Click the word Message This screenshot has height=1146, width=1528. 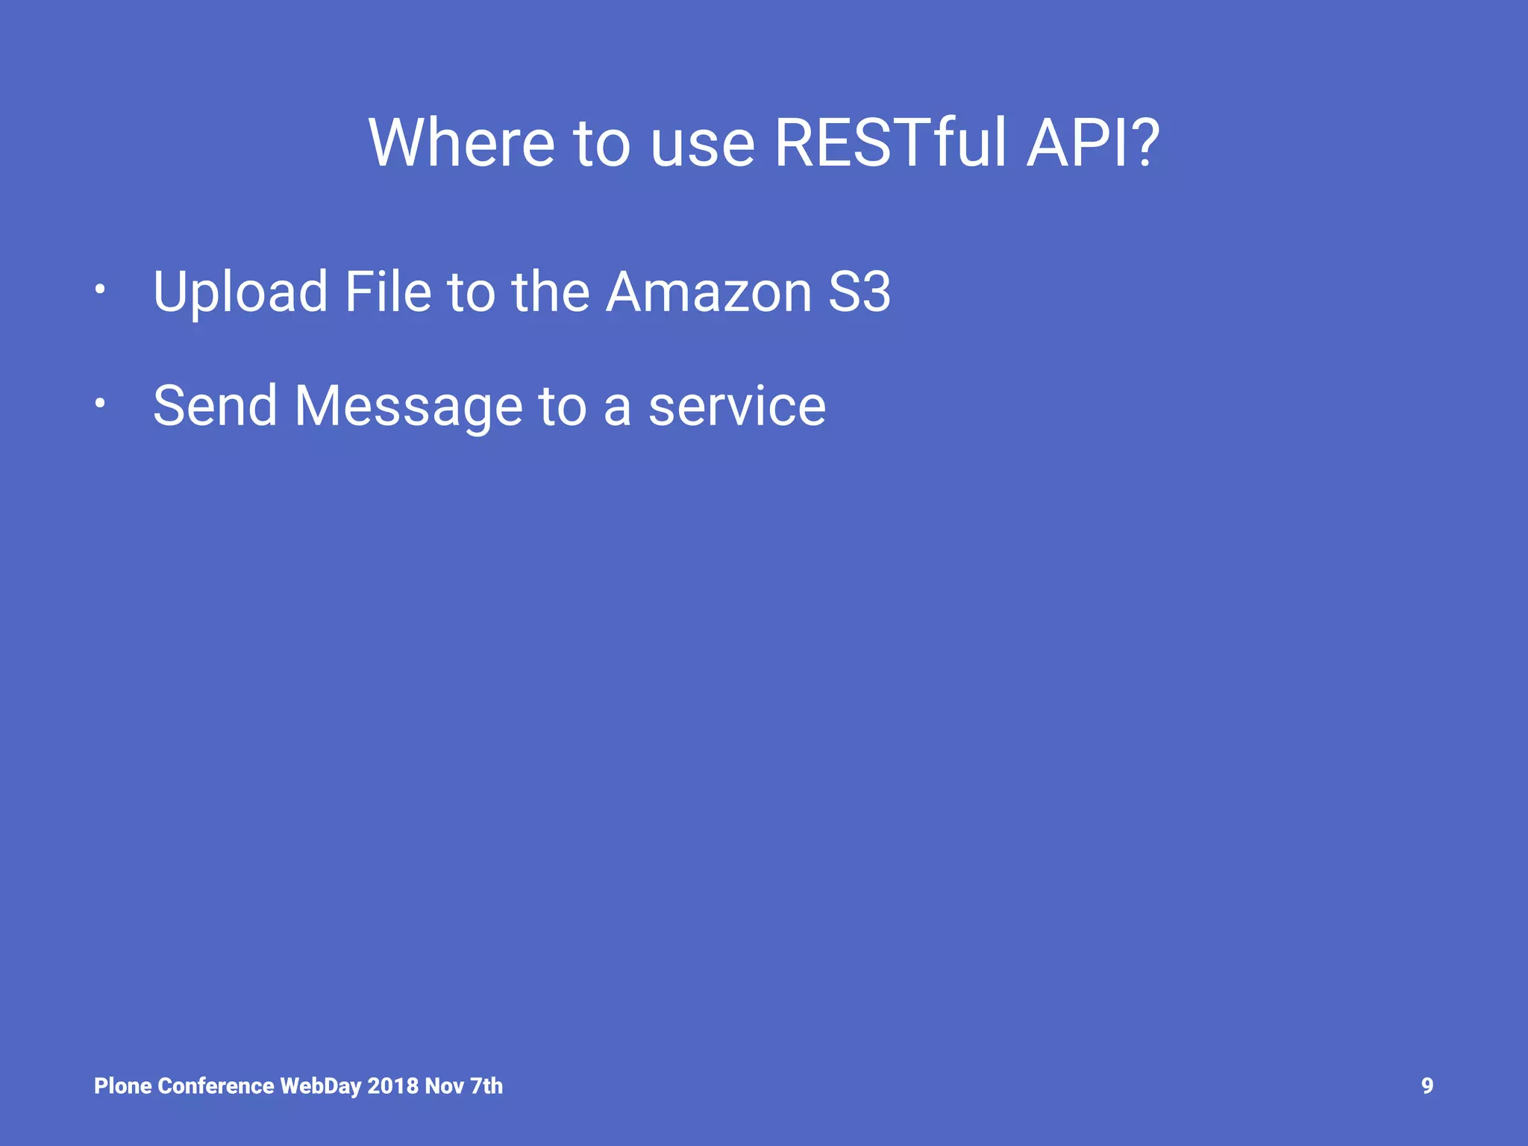pyautogui.click(x=408, y=407)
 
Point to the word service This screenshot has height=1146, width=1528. pyautogui.click(x=737, y=407)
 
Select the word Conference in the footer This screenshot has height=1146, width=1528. pyautogui.click(x=216, y=1086)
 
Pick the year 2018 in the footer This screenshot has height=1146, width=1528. pyautogui.click(x=392, y=1086)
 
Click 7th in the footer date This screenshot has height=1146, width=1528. pyautogui.click(x=486, y=1086)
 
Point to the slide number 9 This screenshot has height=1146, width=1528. pyautogui.click(x=1427, y=1086)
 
